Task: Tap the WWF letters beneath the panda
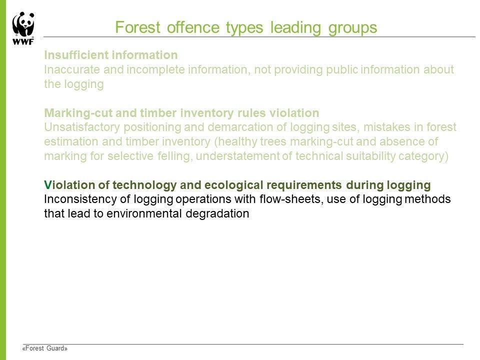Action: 23,42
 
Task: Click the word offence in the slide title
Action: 193,27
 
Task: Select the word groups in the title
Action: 352,28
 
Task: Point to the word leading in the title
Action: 295,28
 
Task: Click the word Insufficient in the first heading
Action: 77,55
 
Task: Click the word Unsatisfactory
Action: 82,127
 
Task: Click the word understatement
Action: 237,156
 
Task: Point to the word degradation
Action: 217,214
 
